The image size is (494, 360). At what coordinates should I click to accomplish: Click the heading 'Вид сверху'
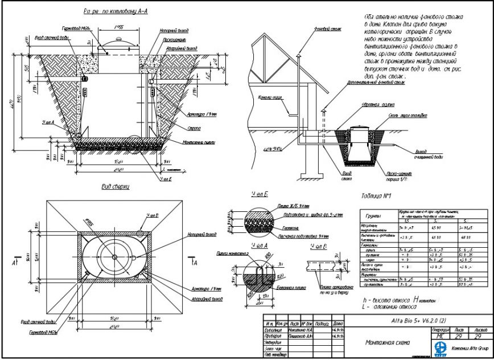coord(116,187)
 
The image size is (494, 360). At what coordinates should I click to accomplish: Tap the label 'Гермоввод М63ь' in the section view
coord(72,28)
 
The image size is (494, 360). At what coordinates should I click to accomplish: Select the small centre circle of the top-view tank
coord(115,256)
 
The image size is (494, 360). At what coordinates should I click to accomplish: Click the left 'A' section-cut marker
coord(14,265)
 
